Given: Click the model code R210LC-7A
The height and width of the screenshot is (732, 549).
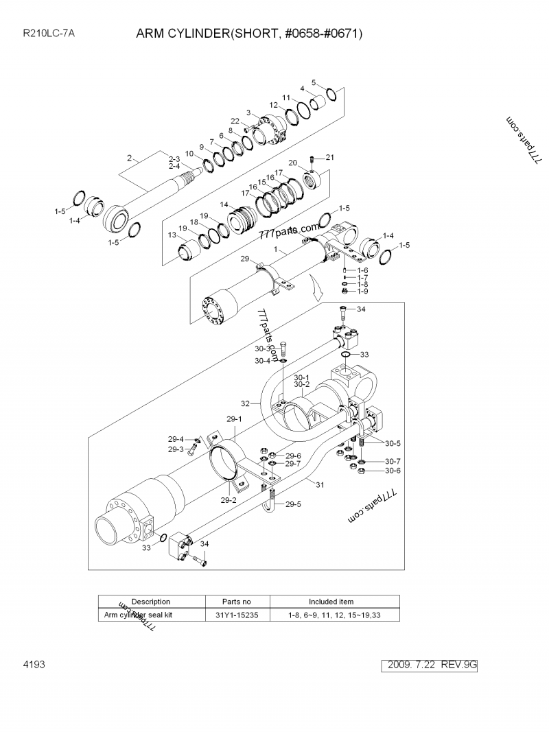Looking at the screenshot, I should (49, 32).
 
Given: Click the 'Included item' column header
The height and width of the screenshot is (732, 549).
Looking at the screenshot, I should (331, 601).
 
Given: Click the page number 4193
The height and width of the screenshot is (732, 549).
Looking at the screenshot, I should (34, 665).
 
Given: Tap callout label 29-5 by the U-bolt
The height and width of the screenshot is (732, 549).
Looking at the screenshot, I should (293, 504).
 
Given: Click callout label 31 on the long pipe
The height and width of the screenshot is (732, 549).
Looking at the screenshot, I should (319, 484).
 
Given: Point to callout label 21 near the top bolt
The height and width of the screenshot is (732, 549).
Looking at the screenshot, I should (329, 158).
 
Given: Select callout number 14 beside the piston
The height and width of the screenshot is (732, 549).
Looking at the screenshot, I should (224, 204).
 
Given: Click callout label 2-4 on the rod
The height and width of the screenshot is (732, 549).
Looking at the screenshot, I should (174, 167).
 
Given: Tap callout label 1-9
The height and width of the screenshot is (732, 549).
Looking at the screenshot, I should (362, 292).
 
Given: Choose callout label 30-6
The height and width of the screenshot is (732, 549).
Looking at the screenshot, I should (392, 471).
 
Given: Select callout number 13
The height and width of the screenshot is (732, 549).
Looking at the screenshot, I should (172, 235).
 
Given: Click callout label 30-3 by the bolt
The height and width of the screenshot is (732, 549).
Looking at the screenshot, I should (263, 349).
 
